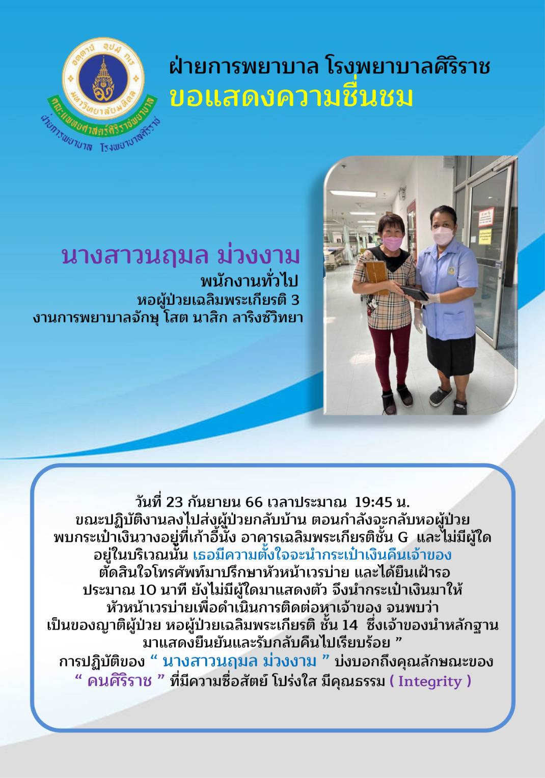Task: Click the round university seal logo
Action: [103, 78]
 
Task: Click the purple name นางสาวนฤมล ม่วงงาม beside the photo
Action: [180, 256]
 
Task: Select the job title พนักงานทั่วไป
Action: [250, 282]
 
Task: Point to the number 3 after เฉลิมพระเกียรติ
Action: [295, 301]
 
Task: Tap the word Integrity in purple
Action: [429, 681]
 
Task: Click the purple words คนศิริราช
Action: [120, 681]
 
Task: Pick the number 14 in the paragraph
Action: [349, 625]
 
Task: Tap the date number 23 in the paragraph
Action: [175, 503]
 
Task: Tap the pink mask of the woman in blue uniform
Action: [443, 236]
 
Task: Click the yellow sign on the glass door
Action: [485, 236]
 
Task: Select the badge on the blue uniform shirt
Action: [451, 270]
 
